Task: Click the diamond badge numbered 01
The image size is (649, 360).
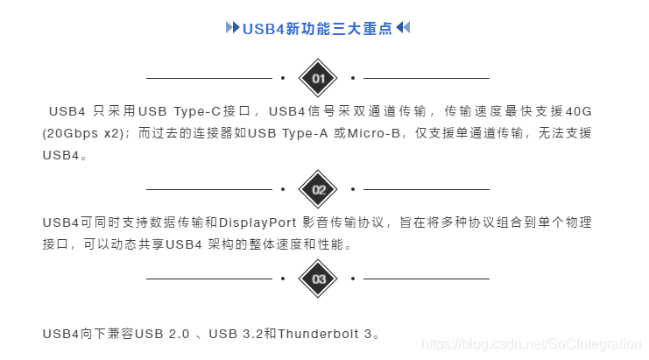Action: pos(318,78)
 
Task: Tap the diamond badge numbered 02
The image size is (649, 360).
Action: pos(318,189)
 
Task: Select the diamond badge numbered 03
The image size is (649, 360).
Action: pos(318,279)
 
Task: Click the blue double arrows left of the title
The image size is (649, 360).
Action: pos(232,28)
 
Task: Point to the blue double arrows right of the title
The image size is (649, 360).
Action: pos(403,28)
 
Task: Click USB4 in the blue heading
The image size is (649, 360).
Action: pos(257,28)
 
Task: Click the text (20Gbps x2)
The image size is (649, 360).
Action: pos(84,133)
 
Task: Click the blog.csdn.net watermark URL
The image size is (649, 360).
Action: pos(532,345)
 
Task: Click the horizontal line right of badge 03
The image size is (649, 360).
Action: pos(427,279)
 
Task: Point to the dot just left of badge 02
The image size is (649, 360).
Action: pos(283,189)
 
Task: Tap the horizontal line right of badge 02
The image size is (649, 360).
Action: pos(427,189)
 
